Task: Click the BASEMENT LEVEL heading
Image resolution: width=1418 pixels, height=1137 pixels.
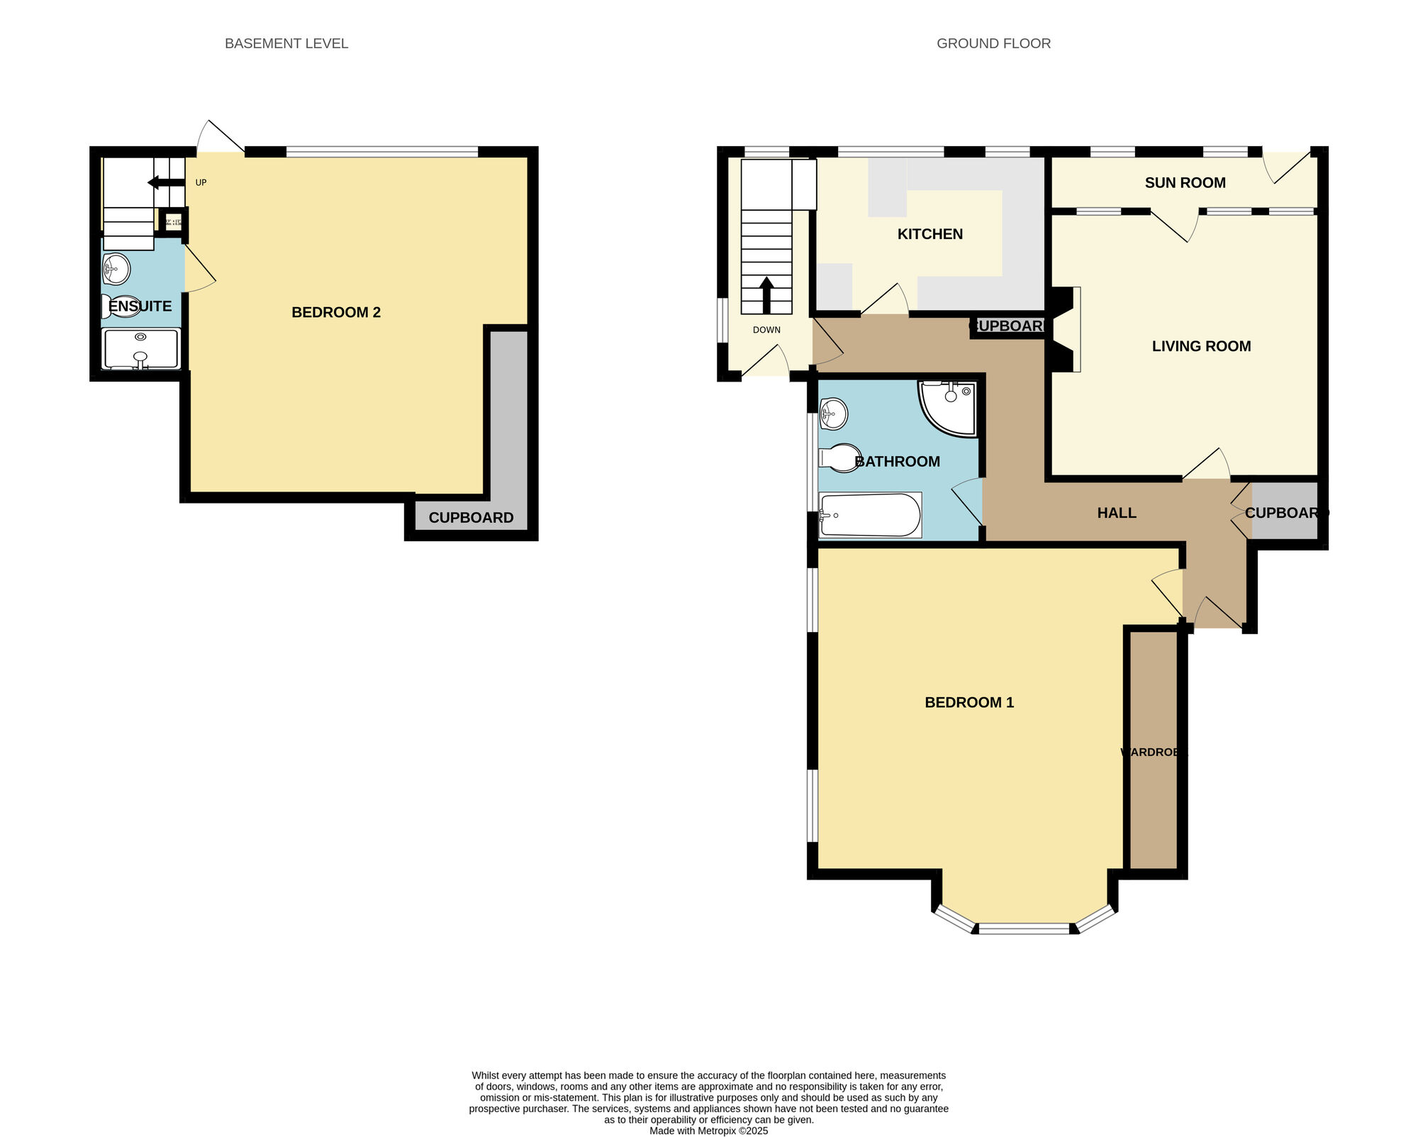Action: click(286, 43)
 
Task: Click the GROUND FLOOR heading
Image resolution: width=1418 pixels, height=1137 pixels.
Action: click(993, 43)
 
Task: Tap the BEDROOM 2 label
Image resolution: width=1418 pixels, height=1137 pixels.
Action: click(336, 312)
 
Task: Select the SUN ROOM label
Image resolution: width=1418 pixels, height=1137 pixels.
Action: click(1185, 182)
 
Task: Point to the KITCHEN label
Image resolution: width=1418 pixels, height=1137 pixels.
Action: click(929, 234)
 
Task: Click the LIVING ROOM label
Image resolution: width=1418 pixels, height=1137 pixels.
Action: click(1201, 346)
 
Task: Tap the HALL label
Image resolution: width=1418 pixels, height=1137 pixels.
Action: click(1117, 513)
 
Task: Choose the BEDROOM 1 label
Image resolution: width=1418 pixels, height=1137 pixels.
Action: click(969, 702)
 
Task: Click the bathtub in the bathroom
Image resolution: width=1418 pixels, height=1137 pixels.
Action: click(870, 515)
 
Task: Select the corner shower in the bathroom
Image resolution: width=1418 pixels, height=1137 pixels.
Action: click(950, 408)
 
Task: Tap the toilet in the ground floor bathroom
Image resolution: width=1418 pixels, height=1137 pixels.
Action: click(841, 457)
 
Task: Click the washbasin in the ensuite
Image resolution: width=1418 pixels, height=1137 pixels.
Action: click(116, 269)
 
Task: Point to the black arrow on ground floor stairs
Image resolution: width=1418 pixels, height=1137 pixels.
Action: click(766, 294)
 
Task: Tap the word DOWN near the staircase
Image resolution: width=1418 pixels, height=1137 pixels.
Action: click(766, 330)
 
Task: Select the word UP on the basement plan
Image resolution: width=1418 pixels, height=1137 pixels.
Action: click(201, 183)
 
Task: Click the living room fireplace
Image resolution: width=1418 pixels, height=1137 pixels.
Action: click(1066, 329)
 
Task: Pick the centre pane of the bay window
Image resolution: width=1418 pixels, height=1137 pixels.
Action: click(1025, 928)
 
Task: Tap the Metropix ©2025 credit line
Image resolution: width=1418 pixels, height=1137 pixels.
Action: click(708, 1131)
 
